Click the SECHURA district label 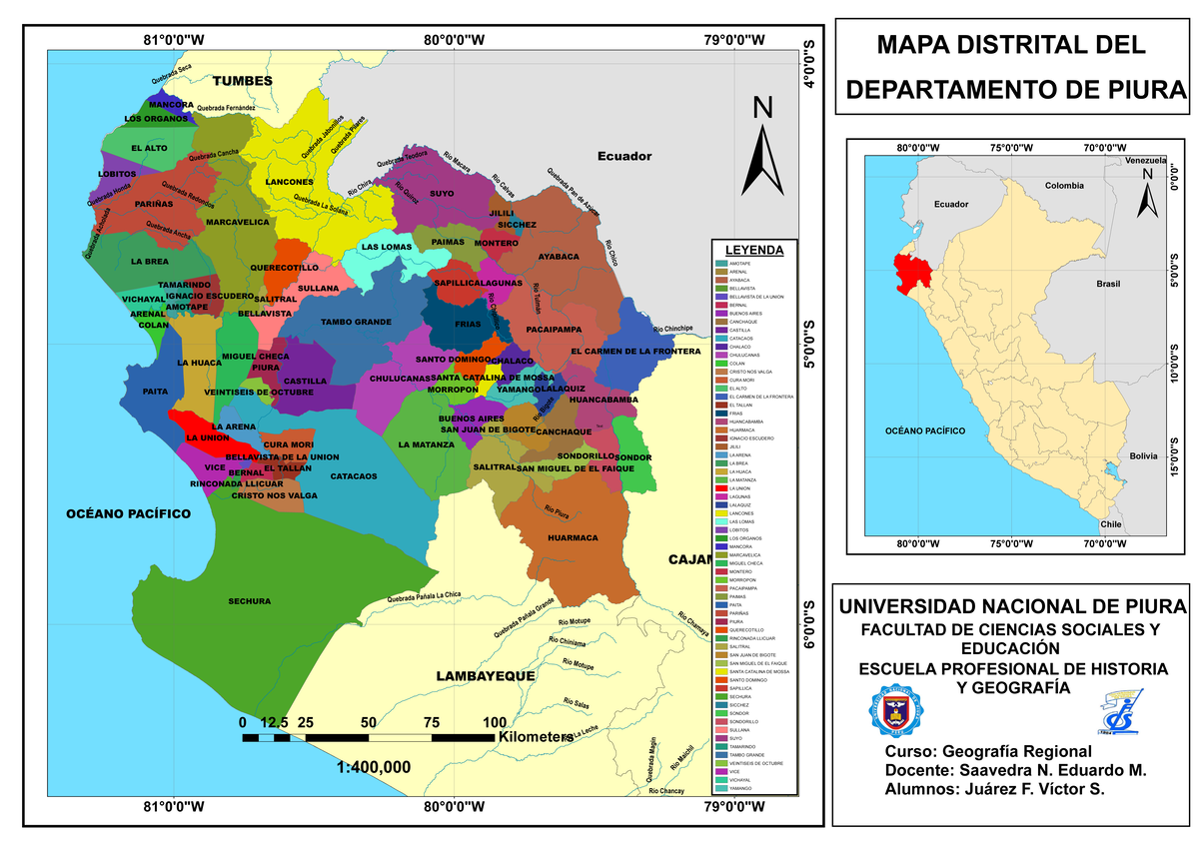coord(249,601)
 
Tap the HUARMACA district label coord(573,537)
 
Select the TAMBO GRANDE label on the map coord(355,323)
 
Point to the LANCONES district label coord(289,183)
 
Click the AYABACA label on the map coord(559,257)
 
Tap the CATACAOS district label coord(354,476)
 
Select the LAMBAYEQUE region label coord(487,676)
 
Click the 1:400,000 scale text coord(374,768)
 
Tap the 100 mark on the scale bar coord(494,723)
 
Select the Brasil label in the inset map coord(1108,284)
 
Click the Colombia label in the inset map coord(1064,186)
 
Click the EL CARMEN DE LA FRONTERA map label coord(635,352)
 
